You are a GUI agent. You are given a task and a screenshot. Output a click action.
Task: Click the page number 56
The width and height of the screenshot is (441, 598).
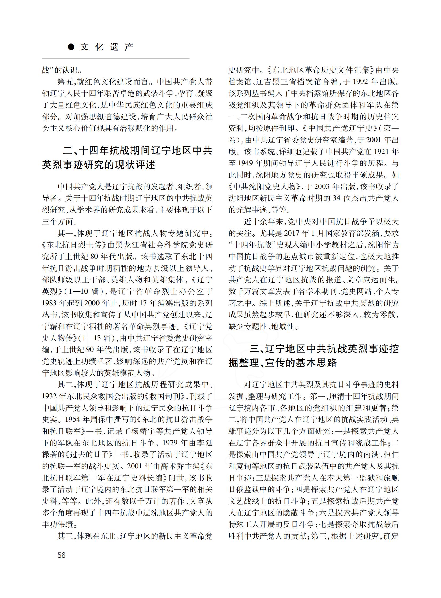(61, 555)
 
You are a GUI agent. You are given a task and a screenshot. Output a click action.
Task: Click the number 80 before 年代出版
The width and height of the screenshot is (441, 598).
(94, 256)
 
